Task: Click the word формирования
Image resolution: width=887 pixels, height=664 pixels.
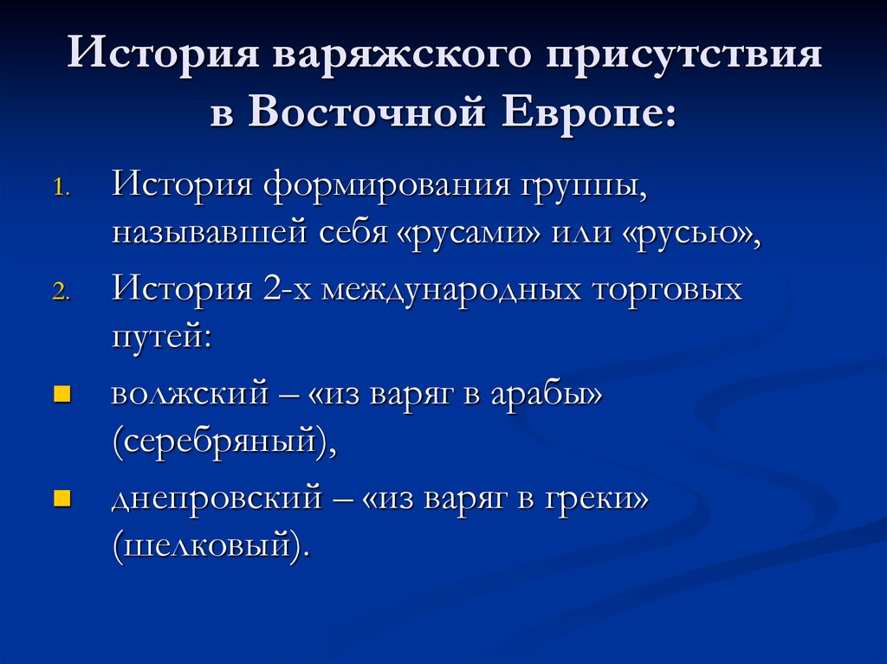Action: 377,186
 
